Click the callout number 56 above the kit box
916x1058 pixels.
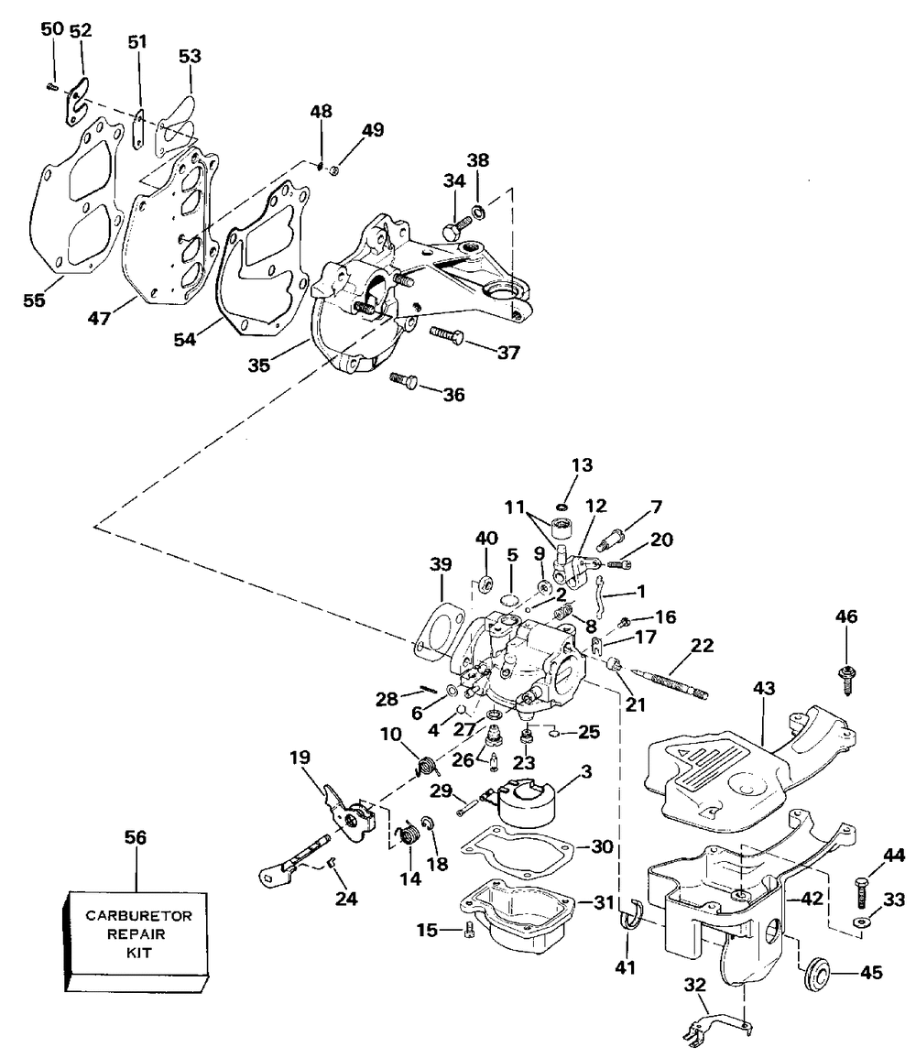click(135, 837)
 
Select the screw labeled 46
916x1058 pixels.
click(846, 676)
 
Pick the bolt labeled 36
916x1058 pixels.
click(403, 378)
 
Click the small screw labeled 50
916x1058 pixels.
click(52, 86)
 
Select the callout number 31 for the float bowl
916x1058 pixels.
click(602, 902)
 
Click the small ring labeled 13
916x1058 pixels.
click(562, 507)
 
